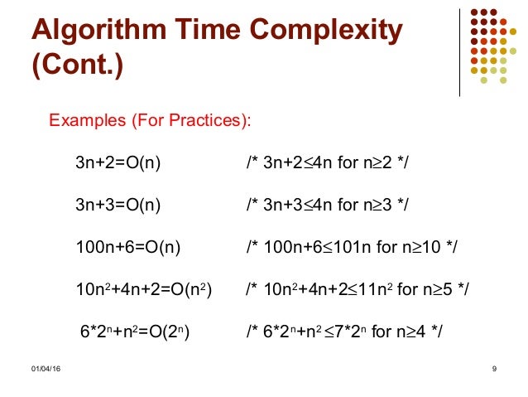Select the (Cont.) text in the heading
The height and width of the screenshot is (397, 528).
pyautogui.click(x=76, y=65)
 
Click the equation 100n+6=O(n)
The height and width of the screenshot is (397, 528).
pyautogui.click(x=128, y=247)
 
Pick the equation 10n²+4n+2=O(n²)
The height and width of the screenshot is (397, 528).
pyautogui.click(x=142, y=289)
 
